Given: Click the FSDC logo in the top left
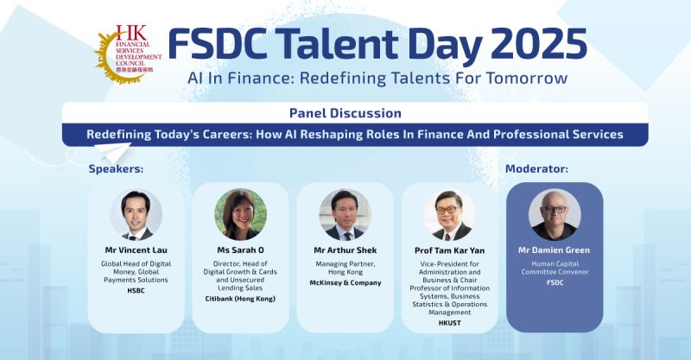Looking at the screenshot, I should pos(126,50).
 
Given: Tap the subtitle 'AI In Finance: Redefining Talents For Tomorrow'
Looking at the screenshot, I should pos(377,79).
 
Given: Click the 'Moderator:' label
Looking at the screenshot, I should pos(536,168).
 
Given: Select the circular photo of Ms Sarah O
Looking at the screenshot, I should pos(240,214).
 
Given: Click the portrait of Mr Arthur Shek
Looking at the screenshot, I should pos(345,215).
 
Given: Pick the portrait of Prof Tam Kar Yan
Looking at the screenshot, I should pos(449,215).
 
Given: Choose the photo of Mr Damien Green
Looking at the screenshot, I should pos(554,215).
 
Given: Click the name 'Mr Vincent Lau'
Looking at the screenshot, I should pos(136,250).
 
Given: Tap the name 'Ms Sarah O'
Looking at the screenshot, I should pos(240,250).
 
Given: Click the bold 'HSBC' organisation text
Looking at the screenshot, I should pos(136,291).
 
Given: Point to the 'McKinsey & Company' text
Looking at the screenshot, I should pos(345,281).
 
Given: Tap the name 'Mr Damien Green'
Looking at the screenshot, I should pos(554,250).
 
